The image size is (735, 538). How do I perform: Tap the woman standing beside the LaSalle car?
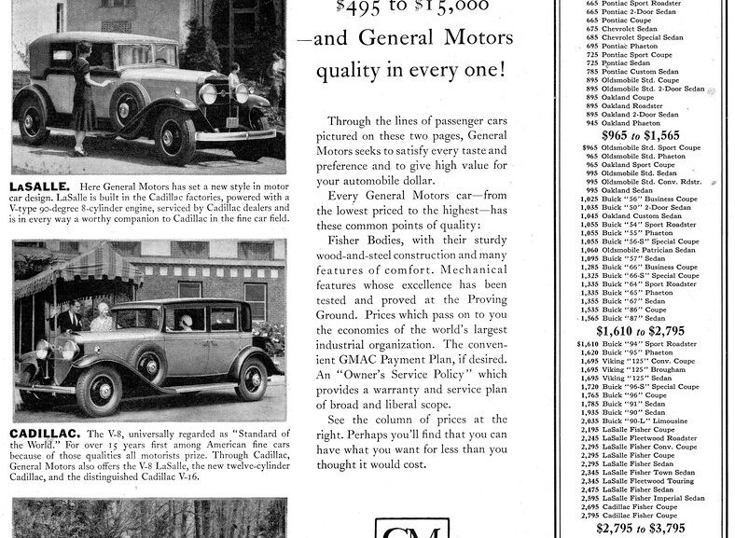click(85, 97)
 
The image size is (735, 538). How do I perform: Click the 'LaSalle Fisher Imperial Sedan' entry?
click(654, 497)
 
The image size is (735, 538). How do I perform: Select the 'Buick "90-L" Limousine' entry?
click(644, 421)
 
